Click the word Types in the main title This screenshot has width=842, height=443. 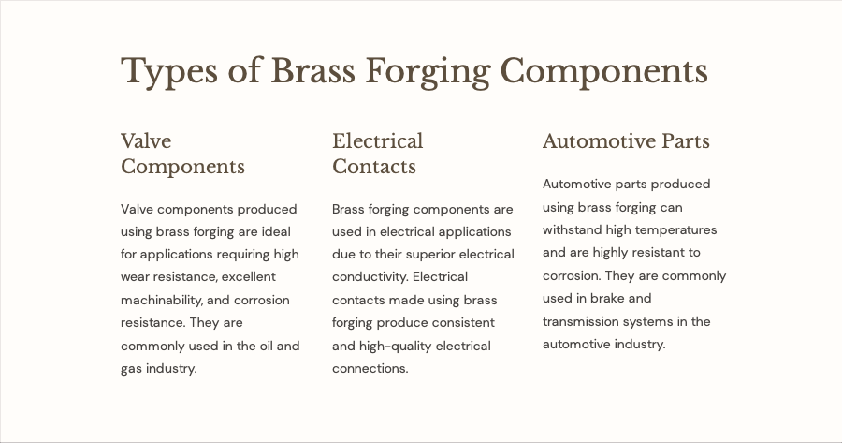coord(169,71)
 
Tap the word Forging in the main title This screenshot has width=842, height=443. coord(428,71)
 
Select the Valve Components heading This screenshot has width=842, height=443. coord(182,154)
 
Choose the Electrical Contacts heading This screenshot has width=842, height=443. coord(378,154)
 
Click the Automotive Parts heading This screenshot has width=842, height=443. coord(626,141)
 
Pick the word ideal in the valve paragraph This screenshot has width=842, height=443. coord(276,231)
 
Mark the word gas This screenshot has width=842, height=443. coord(131,369)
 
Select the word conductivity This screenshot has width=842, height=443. coord(370,277)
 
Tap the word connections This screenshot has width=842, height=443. coord(370,369)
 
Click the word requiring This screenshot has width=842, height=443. coord(246,255)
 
